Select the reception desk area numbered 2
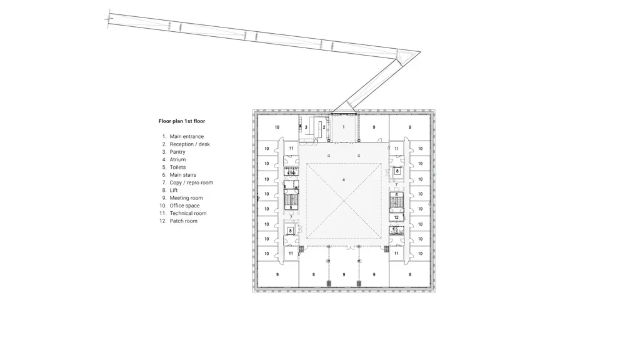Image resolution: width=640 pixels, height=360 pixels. coord(322,127)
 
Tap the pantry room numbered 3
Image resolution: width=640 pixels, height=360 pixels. coord(306,127)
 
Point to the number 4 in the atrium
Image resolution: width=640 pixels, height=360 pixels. coord(344,180)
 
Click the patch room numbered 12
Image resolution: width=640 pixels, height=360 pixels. coord(396,217)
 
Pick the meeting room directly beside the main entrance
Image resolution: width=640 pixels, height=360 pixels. coord(374,127)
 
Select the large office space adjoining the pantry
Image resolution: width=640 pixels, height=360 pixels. coord(277,127)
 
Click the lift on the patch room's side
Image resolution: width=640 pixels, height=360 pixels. coord(397,171)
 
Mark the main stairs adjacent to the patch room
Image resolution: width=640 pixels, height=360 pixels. coord(396,200)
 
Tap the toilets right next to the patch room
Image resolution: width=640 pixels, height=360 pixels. coord(396,230)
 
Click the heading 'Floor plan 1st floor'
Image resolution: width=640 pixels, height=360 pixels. coord(182,121)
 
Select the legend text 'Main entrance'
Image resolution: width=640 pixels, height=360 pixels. coord(186,137)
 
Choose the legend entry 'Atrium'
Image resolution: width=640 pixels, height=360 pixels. coord(177,159)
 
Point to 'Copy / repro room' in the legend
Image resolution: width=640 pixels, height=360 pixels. coord(191,182)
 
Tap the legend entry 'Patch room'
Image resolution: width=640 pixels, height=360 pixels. coord(183,221)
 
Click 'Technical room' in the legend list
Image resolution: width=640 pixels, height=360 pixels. coord(187,213)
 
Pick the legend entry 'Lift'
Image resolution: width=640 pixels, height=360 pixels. coord(174,190)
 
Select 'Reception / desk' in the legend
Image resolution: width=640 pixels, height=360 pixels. coord(190,144)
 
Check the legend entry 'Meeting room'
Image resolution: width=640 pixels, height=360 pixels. coord(186,198)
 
